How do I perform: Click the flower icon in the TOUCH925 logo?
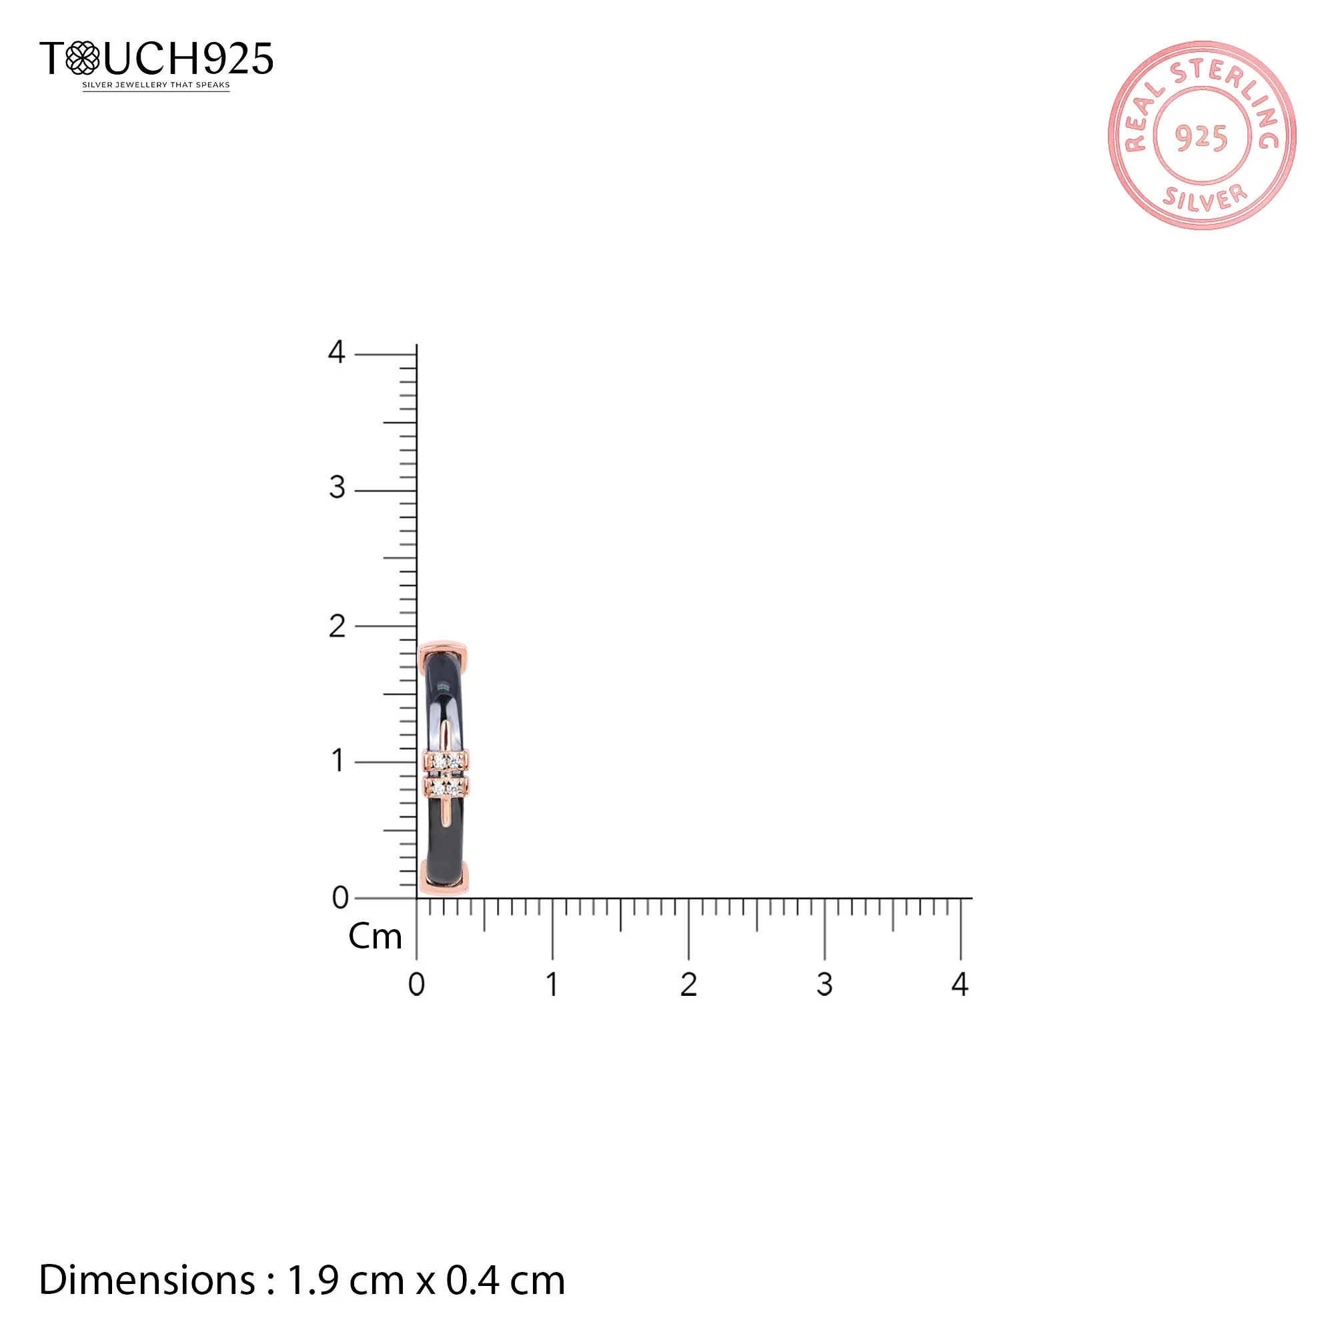tap(82, 58)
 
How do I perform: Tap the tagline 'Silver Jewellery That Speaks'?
tap(156, 85)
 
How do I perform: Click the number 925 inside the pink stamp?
tap(1201, 138)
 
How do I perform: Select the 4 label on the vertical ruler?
tap(336, 352)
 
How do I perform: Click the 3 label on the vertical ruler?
tap(337, 488)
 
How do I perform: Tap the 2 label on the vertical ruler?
tap(337, 626)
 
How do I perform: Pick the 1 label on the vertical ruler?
tap(338, 761)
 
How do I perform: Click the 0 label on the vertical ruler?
tap(340, 898)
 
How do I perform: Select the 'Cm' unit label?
tap(375, 937)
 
